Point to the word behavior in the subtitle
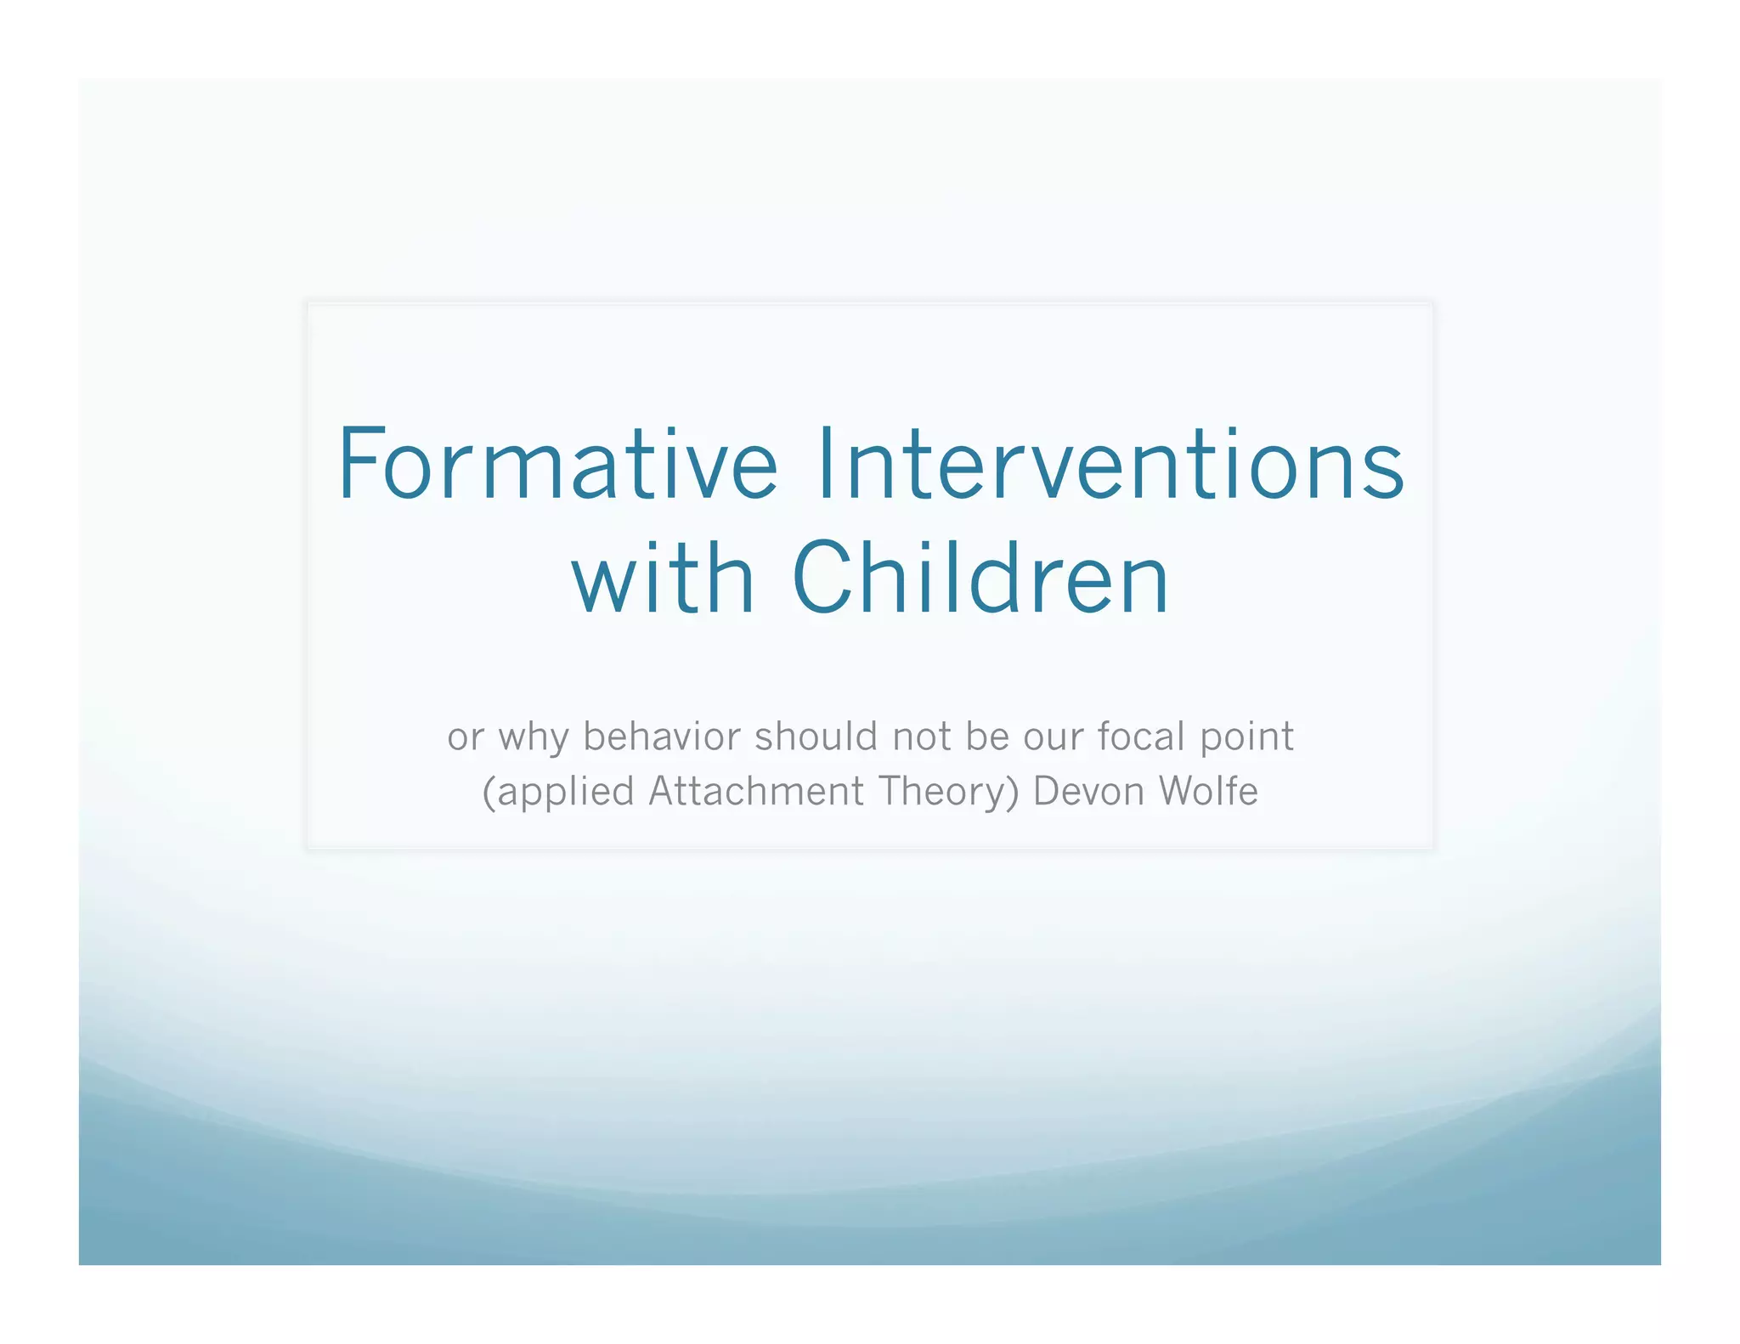662,737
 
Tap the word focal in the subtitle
1141,737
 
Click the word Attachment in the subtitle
756,792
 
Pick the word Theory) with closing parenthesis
948,793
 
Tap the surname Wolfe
1208,792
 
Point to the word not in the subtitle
921,737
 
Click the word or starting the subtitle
466,737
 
